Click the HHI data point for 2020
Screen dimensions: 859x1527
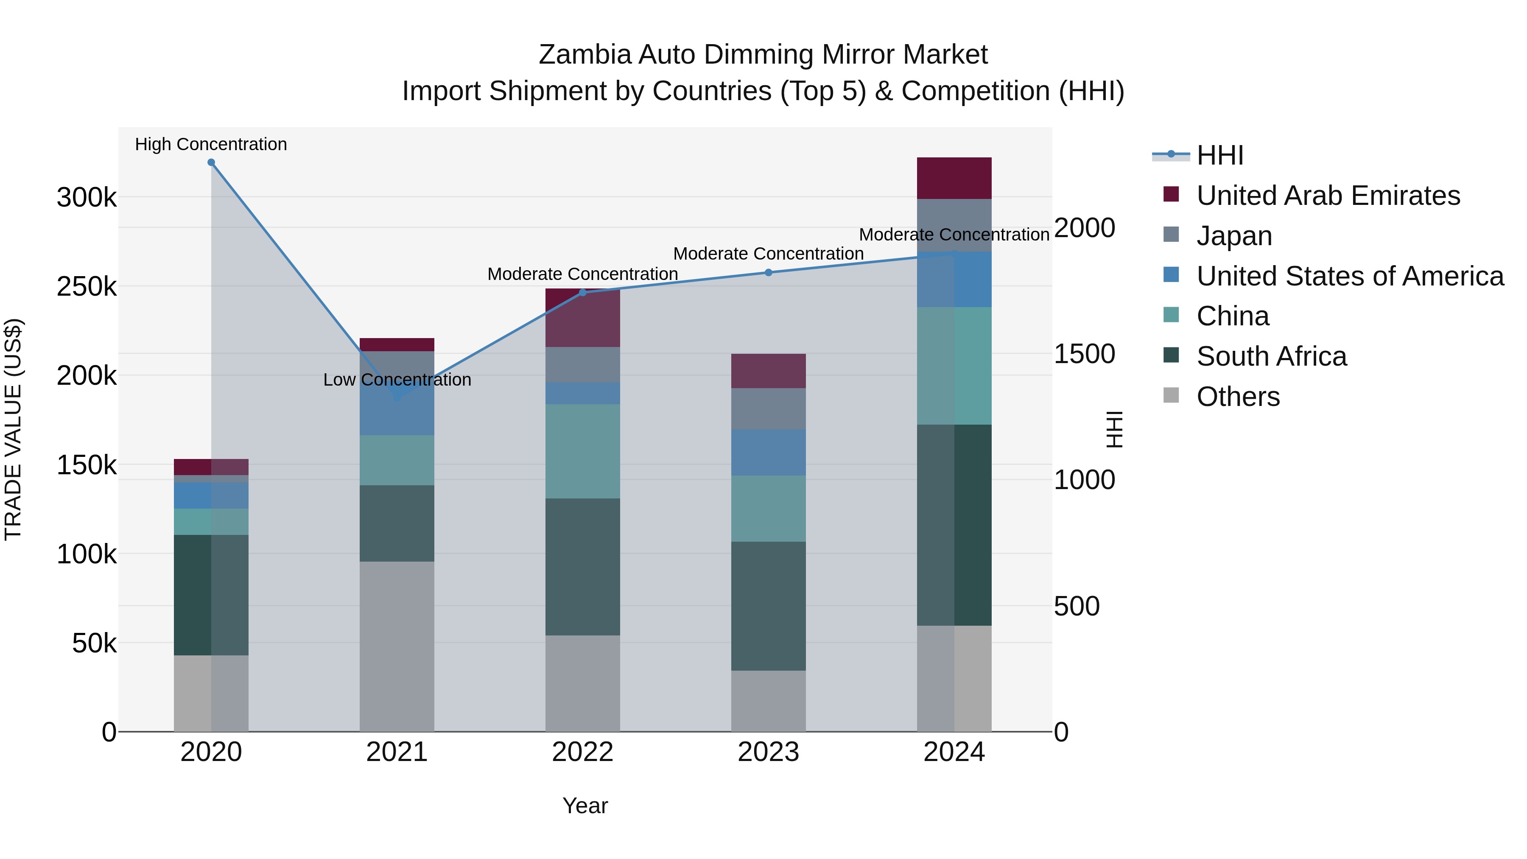coord(211,162)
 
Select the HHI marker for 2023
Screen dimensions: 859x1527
coord(768,273)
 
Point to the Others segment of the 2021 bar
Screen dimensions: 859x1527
coord(397,646)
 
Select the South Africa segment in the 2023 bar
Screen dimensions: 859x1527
coord(768,606)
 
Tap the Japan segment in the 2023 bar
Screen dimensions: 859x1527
coord(768,409)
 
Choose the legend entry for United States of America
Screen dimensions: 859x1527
coord(1350,276)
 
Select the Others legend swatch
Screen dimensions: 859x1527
coord(1171,395)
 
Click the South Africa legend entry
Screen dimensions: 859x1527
coord(1271,356)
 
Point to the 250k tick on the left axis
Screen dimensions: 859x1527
coord(87,287)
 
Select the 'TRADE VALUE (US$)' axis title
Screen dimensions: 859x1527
coord(13,429)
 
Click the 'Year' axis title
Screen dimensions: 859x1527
coord(585,806)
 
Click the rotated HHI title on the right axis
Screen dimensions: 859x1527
coord(1114,429)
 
